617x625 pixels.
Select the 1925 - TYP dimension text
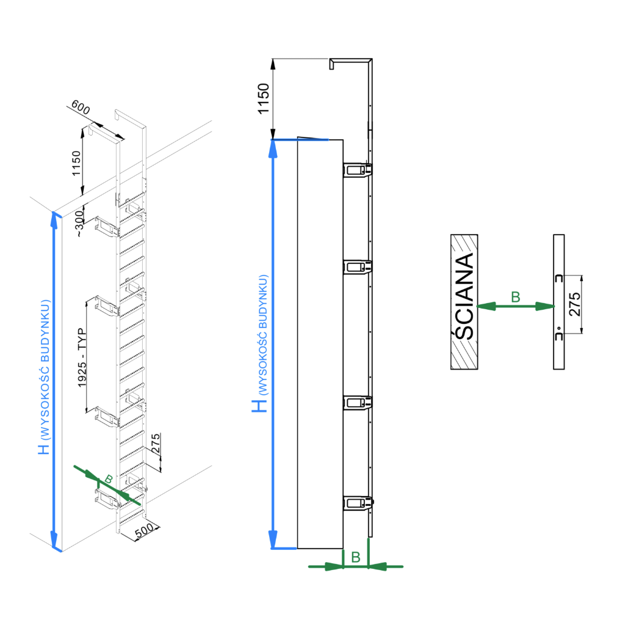[82, 358]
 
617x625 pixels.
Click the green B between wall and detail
[515, 298]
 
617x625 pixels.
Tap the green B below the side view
[356, 557]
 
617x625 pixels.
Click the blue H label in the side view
[261, 404]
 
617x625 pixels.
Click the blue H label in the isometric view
[43, 449]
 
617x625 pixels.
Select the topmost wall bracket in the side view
[358, 170]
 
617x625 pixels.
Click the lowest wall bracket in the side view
[358, 503]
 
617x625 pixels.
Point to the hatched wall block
[464, 302]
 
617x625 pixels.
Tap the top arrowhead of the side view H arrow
[273, 146]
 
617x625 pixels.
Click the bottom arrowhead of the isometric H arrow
[56, 543]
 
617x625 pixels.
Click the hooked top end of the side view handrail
[333, 63]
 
